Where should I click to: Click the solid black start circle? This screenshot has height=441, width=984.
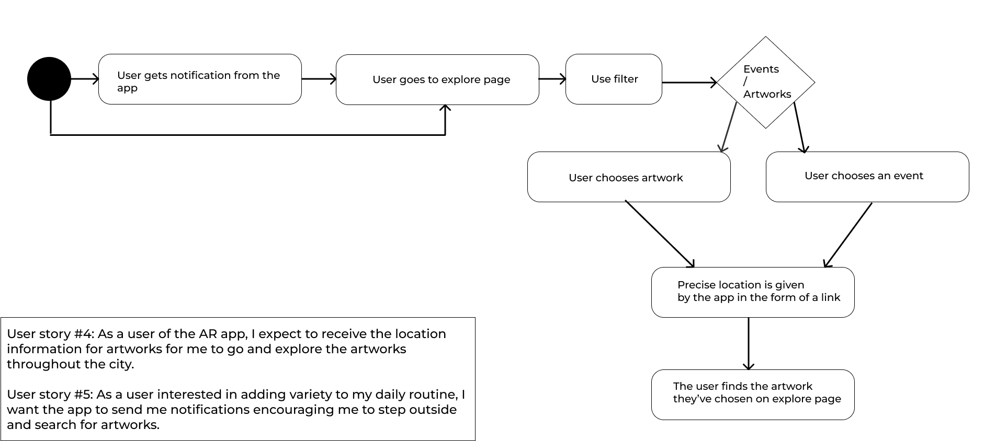pos(49,79)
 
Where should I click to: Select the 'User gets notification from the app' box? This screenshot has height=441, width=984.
pos(200,79)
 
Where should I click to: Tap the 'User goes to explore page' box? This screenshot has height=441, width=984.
pos(437,79)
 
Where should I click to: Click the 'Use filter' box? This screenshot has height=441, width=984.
pos(614,79)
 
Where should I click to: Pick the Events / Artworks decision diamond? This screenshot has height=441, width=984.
pos(765,82)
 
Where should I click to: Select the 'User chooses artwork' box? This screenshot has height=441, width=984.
pos(629,177)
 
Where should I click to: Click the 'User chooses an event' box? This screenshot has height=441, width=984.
pos(867,177)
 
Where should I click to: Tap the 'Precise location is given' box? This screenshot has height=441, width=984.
pos(752,292)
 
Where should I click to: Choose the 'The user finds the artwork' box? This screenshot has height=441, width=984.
pos(752,394)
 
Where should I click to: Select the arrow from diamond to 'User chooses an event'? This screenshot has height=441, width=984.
pos(799,127)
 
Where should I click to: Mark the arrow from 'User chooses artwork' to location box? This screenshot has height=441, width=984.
pos(660,234)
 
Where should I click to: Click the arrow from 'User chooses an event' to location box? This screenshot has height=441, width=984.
pos(848,235)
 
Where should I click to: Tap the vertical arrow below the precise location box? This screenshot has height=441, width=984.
pos(749,343)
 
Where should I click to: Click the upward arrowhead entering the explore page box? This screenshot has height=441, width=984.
pos(445,110)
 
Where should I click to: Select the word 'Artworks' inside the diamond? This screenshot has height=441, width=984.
pos(767,94)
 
